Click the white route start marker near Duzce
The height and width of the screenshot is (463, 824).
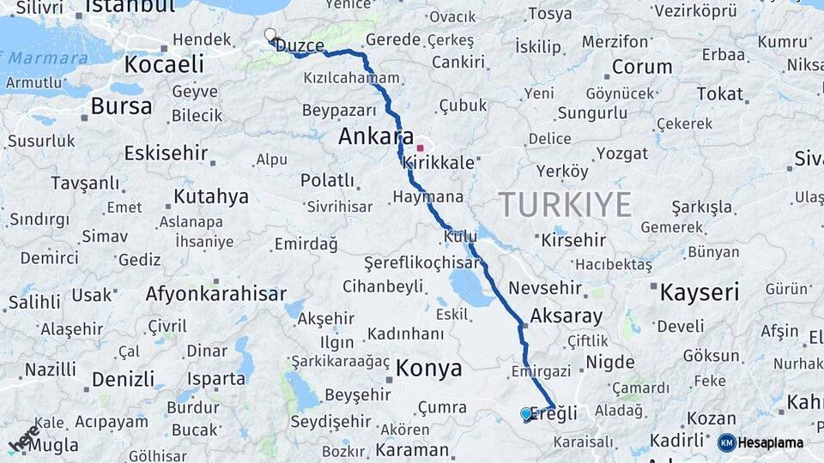click(x=270, y=35)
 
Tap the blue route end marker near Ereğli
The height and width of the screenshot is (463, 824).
click(x=526, y=414)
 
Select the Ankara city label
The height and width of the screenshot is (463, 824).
click(x=376, y=136)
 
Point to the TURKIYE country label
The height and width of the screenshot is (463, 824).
click(x=565, y=205)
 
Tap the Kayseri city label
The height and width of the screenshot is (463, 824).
click(x=699, y=292)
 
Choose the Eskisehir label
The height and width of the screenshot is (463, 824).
click(x=166, y=153)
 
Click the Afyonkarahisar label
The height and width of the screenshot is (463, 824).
click(x=215, y=293)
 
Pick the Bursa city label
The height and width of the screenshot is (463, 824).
click(x=121, y=106)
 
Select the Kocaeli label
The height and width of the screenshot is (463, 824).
click(x=164, y=64)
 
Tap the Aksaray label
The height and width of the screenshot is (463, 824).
click(x=566, y=316)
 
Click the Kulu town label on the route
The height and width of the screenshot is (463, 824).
click(x=460, y=236)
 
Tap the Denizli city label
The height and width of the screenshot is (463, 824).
click(x=123, y=379)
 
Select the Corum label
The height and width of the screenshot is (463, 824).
click(x=641, y=67)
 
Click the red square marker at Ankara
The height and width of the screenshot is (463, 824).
click(x=420, y=147)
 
